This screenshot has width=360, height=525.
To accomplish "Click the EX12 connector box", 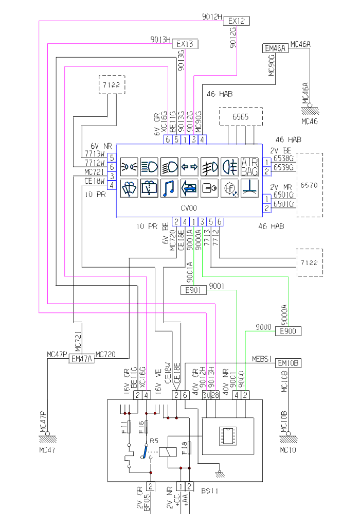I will tap(237, 21).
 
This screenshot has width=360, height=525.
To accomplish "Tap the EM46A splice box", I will tap(275, 48).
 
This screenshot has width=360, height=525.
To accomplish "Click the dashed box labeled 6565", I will tap(240, 117).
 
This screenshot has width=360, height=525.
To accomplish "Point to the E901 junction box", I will tap(194, 290).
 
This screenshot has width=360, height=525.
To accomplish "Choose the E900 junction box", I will tap(288, 331).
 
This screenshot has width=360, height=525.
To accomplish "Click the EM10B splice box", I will tap(289, 363).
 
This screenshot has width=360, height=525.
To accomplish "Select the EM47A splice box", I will tap(82, 359).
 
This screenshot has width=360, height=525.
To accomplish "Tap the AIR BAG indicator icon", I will tap(250, 167).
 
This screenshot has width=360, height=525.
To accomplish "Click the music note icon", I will tap(169, 189).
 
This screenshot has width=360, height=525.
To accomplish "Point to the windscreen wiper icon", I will tap(129, 189).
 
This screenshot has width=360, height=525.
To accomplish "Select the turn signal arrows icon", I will tap(189, 167).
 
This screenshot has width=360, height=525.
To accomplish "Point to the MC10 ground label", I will tap(289, 449).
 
